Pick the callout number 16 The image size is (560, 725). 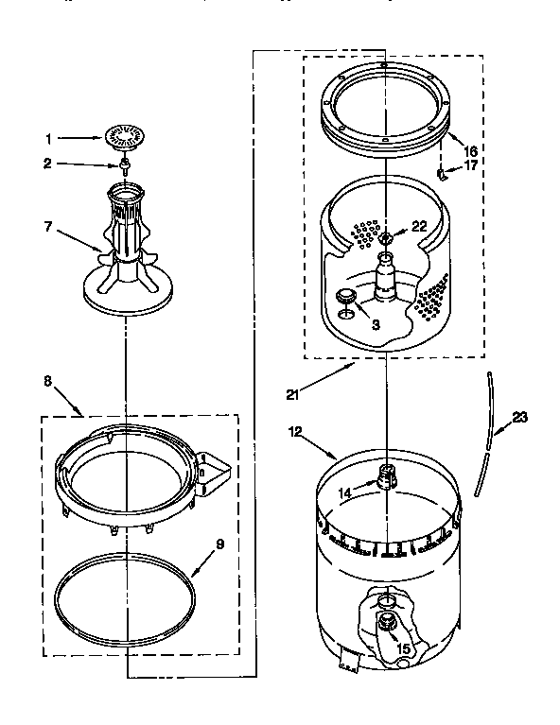470,150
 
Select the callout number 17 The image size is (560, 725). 470,166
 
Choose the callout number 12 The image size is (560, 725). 296,432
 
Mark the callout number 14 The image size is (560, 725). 345,492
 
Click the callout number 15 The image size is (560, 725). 403,649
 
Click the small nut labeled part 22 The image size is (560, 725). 388,235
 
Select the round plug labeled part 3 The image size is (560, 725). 346,298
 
